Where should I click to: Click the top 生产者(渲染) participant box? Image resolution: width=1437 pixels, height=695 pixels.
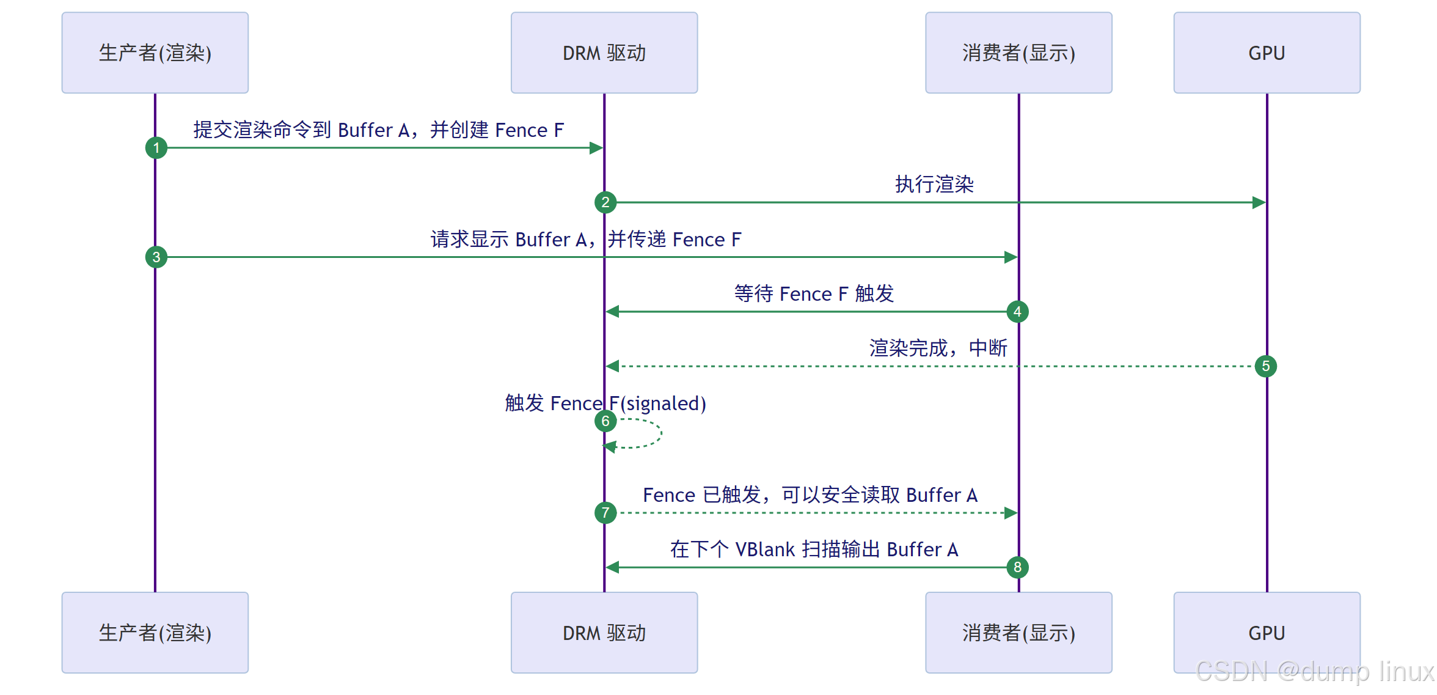coord(155,53)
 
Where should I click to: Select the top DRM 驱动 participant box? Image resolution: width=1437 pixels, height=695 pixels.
coord(604,53)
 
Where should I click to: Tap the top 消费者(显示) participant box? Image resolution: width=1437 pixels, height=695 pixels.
coord(1018,53)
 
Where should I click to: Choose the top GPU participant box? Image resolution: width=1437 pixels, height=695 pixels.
coord(1267,53)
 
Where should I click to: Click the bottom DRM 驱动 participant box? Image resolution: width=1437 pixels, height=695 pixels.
coord(604,633)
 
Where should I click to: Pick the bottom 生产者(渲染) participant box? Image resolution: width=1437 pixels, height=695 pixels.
coord(155,633)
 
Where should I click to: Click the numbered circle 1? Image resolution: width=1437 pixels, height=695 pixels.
coord(156,148)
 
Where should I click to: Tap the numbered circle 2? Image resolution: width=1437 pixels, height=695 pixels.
coord(605,202)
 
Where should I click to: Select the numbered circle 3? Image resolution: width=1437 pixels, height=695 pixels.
coord(156,257)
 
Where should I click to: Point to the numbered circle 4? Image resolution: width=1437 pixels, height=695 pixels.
coord(1017,312)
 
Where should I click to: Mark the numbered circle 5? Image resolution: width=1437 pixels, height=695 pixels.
coord(1266,366)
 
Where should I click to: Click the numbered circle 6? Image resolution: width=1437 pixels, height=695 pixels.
coord(605,421)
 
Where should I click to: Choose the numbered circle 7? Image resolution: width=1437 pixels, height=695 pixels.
coord(605,512)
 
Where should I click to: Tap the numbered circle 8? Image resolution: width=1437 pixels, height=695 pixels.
coord(1017,567)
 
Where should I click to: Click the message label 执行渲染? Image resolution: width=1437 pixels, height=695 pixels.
coord(934,184)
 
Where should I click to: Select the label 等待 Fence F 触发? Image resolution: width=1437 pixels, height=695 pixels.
coord(814,293)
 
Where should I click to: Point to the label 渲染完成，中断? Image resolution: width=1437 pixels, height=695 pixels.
coord(938,348)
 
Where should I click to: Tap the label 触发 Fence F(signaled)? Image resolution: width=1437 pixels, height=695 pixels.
coord(605,403)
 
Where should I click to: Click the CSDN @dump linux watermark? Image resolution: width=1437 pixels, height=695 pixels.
coord(1314,671)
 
